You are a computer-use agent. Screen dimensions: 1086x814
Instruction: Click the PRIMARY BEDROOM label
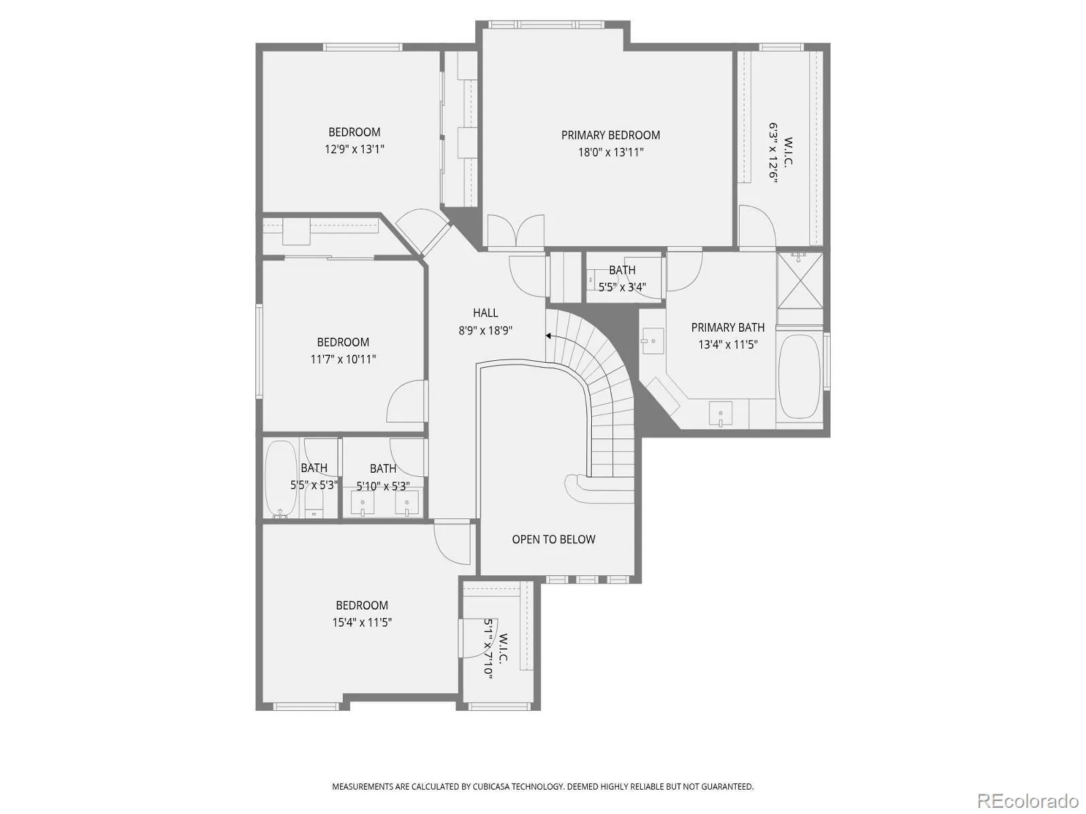(610, 135)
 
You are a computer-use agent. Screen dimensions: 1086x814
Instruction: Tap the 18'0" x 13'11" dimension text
(611, 152)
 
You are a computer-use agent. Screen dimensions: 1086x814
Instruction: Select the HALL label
(485, 313)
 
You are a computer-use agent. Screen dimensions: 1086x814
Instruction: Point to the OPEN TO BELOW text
(554, 539)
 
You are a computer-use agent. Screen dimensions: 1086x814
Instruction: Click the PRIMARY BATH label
(728, 328)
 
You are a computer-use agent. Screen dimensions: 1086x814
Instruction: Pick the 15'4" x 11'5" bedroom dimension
(362, 622)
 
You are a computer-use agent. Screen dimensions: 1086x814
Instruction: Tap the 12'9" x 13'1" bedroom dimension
(354, 149)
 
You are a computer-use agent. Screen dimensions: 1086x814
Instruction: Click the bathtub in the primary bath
(799, 377)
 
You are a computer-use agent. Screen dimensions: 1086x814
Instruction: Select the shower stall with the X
(800, 280)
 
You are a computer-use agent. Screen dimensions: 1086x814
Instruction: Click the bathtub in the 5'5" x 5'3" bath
(280, 478)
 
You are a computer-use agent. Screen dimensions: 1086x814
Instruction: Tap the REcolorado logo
(1028, 800)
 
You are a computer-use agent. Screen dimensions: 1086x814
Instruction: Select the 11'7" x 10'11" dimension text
(343, 360)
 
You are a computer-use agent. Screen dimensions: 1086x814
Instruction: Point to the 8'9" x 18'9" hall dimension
(485, 330)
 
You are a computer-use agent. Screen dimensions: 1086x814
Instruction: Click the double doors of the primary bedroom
(516, 231)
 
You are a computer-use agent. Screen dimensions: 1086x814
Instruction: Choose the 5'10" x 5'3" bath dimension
(383, 486)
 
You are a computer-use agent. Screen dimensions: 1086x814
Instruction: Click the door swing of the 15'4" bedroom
(452, 543)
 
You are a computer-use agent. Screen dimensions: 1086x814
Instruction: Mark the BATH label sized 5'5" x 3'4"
(622, 271)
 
